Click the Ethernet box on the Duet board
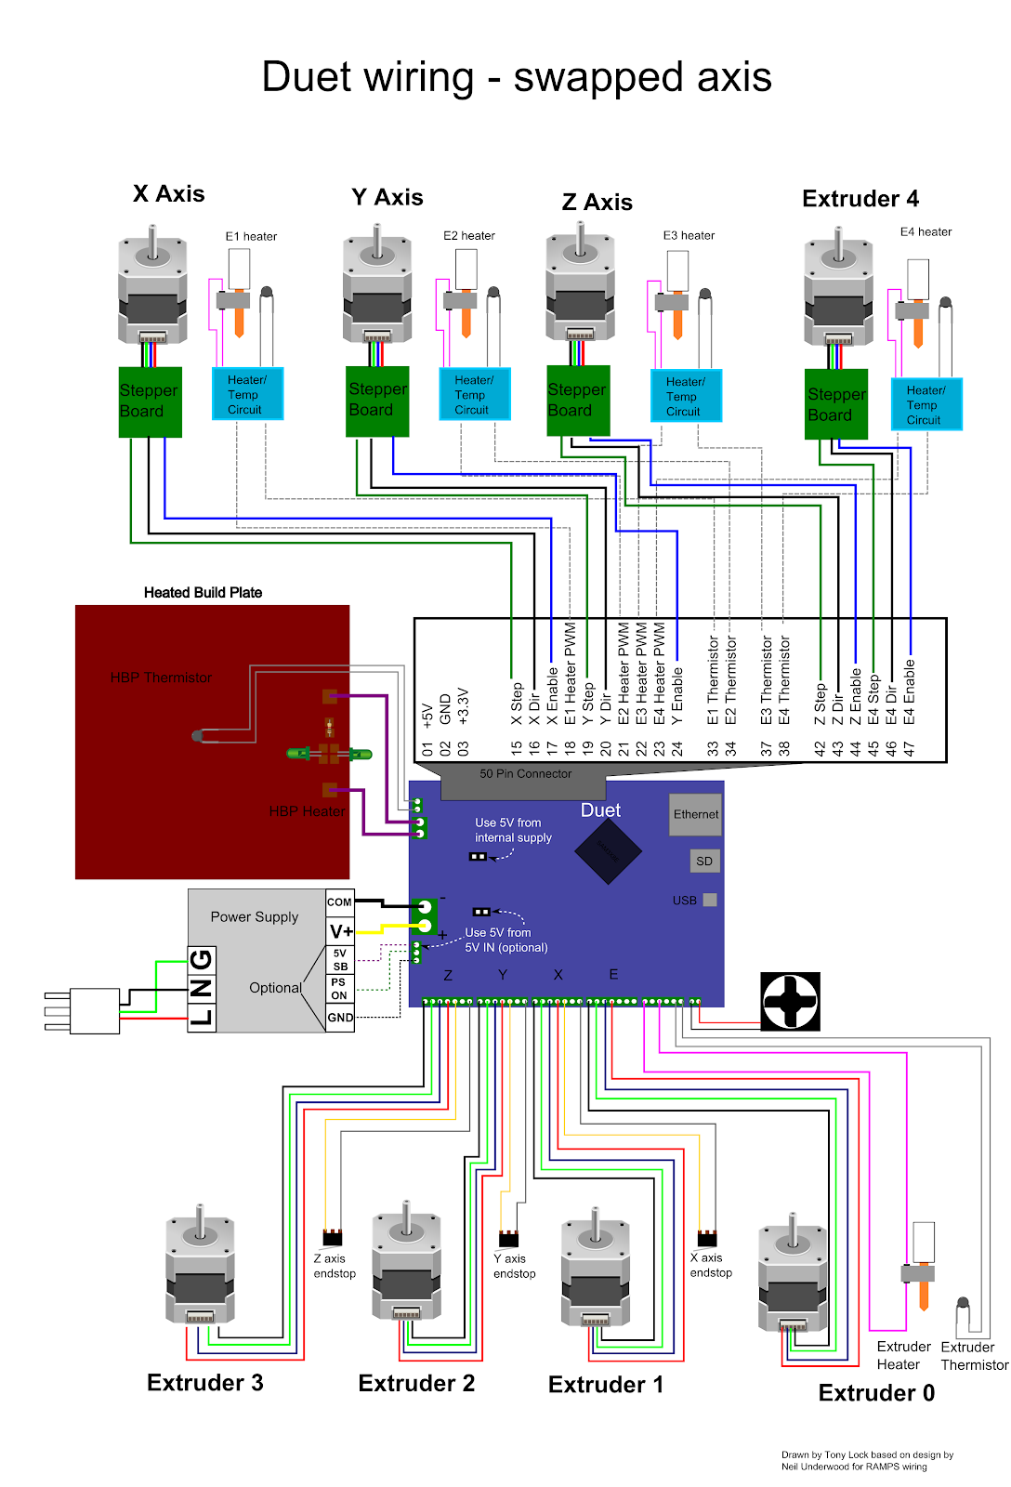(x=695, y=814)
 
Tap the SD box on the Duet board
(x=704, y=862)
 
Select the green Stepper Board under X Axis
(x=150, y=401)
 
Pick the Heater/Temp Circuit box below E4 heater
(x=926, y=404)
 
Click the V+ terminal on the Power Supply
(x=341, y=931)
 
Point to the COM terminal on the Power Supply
(x=339, y=901)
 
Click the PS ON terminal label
(x=339, y=988)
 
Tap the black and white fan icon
(x=790, y=1001)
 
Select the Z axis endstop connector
(x=332, y=1238)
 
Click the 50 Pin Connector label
(x=525, y=773)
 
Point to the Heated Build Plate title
(x=203, y=593)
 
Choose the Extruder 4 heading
(x=860, y=199)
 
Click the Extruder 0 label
(x=876, y=1393)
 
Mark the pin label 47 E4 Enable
(x=910, y=706)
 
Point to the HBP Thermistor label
(x=161, y=678)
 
